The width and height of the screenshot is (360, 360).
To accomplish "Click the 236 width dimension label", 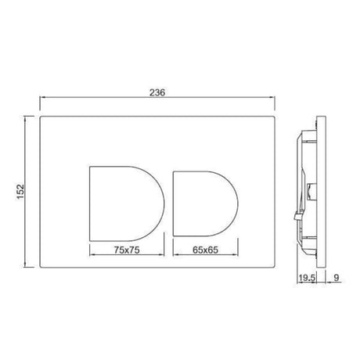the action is click(x=157, y=92).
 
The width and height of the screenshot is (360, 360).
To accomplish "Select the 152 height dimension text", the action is click(x=20, y=192).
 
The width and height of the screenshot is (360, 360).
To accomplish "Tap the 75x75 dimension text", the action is click(x=127, y=250).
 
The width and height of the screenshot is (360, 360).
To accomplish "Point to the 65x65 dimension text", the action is click(x=205, y=250).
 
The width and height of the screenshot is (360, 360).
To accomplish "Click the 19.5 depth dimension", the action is click(x=307, y=278).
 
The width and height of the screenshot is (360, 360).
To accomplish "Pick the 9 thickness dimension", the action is click(x=337, y=278).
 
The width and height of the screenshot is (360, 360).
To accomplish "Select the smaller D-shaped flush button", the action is click(x=205, y=203).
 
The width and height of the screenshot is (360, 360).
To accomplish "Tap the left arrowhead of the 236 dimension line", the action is click(x=42, y=97).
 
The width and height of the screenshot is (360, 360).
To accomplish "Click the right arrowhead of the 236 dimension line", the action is click(x=272, y=97).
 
